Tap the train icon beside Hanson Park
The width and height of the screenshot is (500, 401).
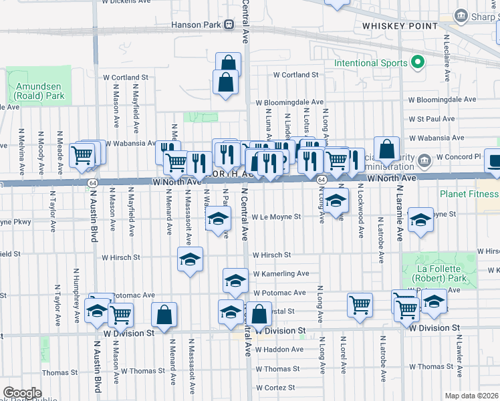pos(229,25)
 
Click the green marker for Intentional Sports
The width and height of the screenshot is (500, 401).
pos(418,63)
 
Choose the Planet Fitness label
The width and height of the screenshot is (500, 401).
pos(469,194)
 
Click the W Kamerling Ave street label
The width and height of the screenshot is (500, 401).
pos(281,274)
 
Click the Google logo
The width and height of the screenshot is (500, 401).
pos(22,393)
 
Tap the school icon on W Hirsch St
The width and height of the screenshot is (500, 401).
pos(190,259)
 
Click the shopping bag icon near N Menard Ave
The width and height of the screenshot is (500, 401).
pos(164,315)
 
